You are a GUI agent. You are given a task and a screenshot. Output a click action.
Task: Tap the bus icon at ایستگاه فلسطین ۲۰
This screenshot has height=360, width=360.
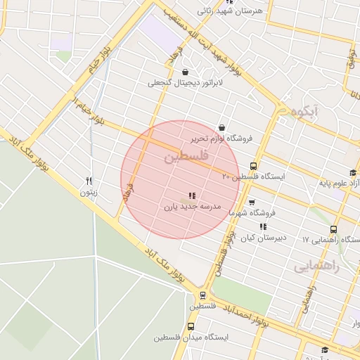(253, 167)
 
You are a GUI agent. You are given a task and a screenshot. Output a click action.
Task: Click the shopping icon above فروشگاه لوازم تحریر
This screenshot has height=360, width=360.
(223, 128)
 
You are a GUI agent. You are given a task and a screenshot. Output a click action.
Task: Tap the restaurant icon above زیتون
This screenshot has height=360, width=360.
(89, 181)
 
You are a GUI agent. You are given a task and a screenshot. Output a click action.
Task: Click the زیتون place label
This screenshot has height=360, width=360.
(88, 192)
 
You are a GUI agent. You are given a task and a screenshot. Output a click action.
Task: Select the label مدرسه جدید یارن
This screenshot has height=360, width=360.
(193, 207)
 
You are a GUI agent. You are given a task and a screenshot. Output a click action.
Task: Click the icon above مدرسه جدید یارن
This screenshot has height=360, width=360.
(192, 196)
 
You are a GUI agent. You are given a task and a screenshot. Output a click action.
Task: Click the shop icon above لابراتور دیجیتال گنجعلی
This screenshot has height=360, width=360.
(185, 72)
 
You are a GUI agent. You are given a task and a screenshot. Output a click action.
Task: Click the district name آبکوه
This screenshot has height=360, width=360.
(304, 110)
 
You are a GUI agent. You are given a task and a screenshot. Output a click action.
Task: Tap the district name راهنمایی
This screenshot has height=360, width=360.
(316, 266)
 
